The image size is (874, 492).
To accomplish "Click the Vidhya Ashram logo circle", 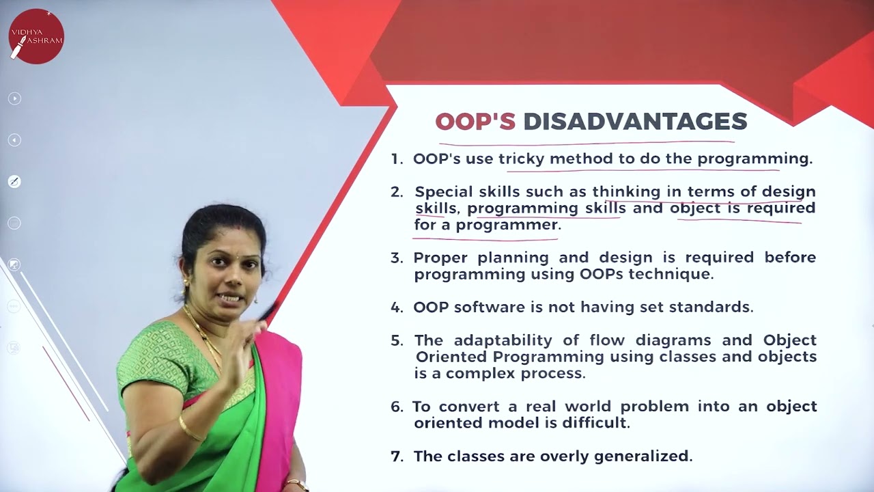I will coord(36,36).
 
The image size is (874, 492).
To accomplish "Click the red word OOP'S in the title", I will coord(475,122).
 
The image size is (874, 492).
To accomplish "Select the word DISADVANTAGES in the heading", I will coord(635,122).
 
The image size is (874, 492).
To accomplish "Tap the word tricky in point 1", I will coord(521,159).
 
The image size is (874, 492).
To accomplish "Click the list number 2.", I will coord(397,192).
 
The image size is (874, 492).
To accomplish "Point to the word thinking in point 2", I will coord(626,192).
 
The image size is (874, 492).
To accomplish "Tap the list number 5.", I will coord(397,340).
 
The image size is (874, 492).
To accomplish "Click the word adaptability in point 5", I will coord(503,340).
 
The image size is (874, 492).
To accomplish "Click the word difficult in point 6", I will coord(594,423).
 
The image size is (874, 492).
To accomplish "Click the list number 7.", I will coord(397,456).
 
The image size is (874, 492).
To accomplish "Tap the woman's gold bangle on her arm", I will coord(190,429).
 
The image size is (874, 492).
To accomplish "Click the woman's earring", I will coord(186,282).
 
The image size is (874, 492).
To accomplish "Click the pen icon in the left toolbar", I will coord(14,181).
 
